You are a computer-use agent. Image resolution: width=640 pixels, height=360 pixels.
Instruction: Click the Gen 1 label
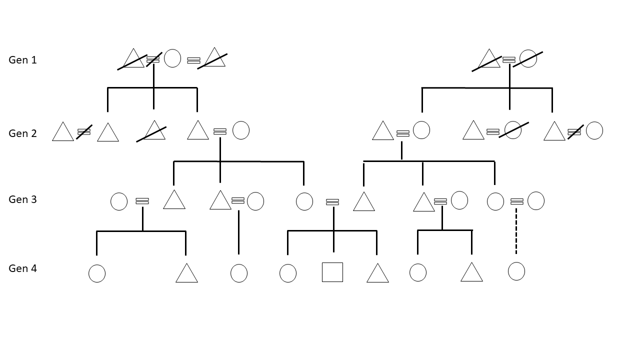pos(22,60)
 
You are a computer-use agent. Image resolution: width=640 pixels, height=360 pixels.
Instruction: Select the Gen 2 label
pos(22,133)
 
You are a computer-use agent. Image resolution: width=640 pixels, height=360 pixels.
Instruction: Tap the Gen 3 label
pos(22,199)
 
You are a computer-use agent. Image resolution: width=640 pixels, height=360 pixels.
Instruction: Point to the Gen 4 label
pos(22,268)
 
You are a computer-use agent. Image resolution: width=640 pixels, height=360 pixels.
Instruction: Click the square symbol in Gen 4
pos(332,272)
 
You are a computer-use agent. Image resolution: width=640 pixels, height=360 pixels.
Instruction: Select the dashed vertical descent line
pos(516,231)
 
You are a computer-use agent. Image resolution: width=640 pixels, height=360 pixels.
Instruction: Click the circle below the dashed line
pos(516,271)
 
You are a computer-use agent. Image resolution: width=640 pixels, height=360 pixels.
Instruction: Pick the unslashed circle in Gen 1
pos(172,58)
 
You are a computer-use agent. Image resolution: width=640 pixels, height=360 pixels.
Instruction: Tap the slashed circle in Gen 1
pos(528,58)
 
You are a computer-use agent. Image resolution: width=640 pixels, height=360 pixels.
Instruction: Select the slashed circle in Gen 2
pos(513,130)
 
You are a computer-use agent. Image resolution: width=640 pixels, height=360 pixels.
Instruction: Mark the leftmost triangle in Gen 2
pos(63,132)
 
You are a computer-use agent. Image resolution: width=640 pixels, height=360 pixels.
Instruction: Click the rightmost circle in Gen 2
pos(594,130)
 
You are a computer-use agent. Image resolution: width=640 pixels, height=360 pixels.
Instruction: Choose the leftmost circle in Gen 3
pos(119,201)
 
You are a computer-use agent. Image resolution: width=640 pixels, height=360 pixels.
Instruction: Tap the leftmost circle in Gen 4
pos(97,273)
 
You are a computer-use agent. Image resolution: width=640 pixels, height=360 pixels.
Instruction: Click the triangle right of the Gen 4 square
pos(377,274)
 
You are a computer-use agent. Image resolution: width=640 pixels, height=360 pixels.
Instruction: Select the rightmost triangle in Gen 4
pos(471,273)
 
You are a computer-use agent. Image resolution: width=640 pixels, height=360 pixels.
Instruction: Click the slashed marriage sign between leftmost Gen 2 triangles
pos(84,131)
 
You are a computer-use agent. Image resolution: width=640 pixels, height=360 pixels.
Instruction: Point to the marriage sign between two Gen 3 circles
pos(516,201)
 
